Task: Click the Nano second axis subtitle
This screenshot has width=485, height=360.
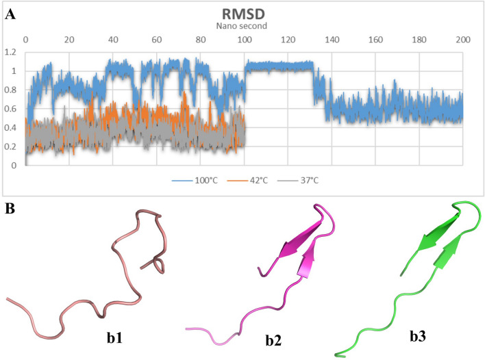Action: pyautogui.click(x=244, y=26)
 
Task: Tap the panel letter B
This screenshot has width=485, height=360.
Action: pyautogui.click(x=9, y=205)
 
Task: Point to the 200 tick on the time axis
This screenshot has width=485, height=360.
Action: pyautogui.click(x=462, y=40)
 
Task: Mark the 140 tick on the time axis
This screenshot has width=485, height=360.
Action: pyautogui.click(x=332, y=40)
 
